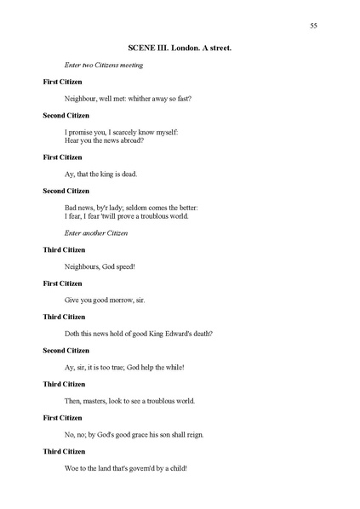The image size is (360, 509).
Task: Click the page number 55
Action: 314,26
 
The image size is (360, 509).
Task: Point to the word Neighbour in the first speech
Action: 83,99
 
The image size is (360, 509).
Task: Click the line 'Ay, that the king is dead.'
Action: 100,174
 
